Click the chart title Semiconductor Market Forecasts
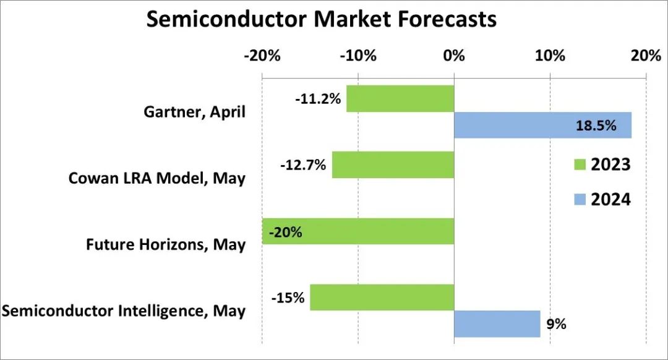tap(321, 19)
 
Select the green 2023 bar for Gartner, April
tap(400, 98)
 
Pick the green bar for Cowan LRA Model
tap(393, 165)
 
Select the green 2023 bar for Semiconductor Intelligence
tap(382, 298)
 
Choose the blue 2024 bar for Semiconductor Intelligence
tap(497, 324)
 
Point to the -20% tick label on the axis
tap(262, 56)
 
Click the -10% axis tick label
tap(358, 56)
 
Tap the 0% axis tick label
tap(454, 56)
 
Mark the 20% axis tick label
tap(646, 56)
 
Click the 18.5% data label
tap(596, 126)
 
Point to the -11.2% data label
tap(318, 98)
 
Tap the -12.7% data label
tap(303, 165)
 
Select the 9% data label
tap(557, 324)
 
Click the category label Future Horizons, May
tap(165, 244)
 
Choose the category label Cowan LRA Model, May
tap(156, 178)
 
